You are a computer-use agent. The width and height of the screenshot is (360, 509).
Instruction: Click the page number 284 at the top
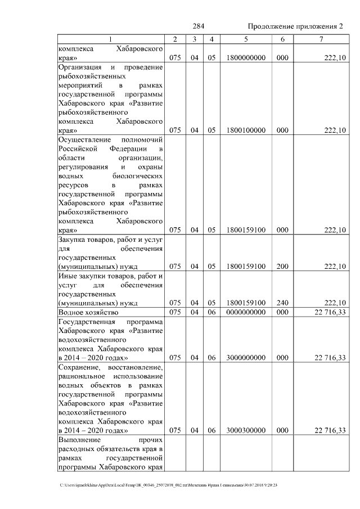click(198, 27)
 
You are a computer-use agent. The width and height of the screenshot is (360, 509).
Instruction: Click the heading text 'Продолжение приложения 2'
click(295, 27)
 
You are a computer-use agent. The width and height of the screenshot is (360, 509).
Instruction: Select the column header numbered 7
click(321, 39)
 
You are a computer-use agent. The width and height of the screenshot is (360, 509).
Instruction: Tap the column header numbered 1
click(110, 39)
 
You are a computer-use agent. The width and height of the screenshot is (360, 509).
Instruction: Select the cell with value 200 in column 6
click(282, 266)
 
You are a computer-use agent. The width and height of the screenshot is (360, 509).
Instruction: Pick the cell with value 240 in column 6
click(282, 303)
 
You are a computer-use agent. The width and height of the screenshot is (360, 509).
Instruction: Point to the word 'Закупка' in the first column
click(71, 239)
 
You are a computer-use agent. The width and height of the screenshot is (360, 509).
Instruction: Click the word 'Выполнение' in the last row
click(79, 440)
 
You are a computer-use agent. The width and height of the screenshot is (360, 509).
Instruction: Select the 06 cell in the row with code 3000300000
click(211, 430)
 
